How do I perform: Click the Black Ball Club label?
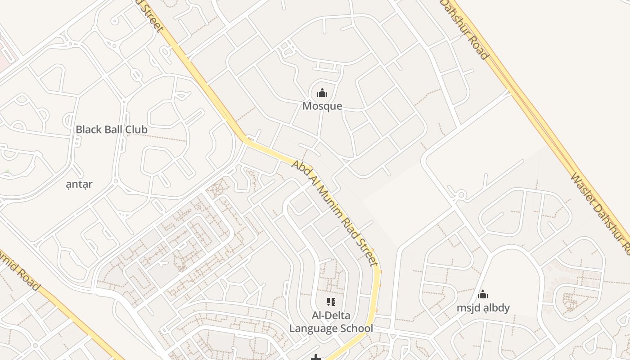[111, 130]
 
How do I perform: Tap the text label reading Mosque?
[322, 106]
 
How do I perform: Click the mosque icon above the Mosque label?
[322, 93]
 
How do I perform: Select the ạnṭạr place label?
[79, 184]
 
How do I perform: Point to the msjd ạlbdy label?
[483, 308]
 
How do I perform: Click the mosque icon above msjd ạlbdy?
[483, 295]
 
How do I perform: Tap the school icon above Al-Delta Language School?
[331, 302]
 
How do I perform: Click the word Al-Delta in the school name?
[331, 315]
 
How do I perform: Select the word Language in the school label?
[314, 328]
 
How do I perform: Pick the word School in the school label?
[357, 328]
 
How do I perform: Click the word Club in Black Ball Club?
[136, 130]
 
